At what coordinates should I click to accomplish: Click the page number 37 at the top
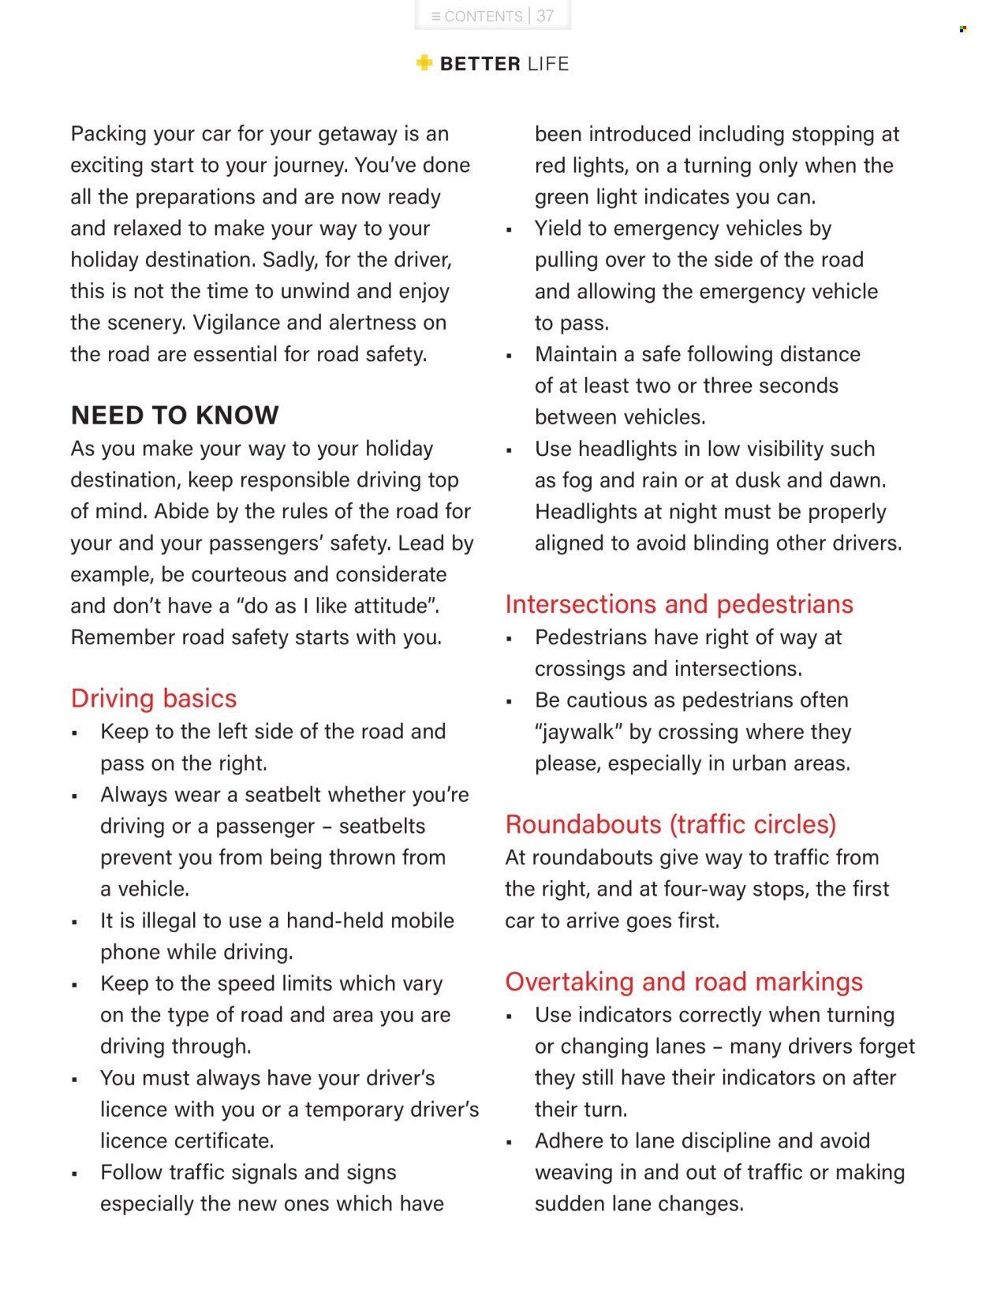[x=545, y=16]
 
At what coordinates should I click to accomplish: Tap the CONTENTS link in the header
[x=483, y=16]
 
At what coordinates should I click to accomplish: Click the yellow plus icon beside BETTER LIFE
[x=424, y=63]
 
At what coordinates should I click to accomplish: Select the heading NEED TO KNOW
[x=174, y=415]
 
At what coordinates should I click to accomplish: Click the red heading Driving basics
[x=154, y=698]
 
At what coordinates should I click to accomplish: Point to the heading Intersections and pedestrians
[x=679, y=604]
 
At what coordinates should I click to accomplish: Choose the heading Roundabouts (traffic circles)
[x=670, y=824]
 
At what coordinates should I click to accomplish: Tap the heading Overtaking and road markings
[x=684, y=982]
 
